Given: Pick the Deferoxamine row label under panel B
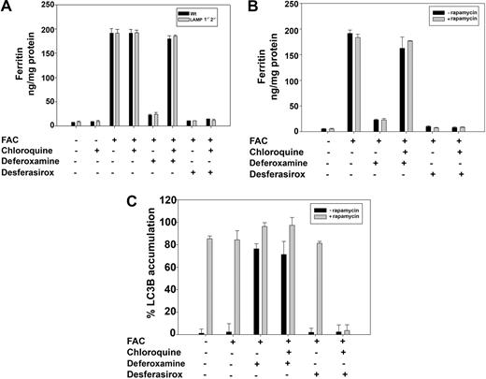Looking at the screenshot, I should [285, 160].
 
